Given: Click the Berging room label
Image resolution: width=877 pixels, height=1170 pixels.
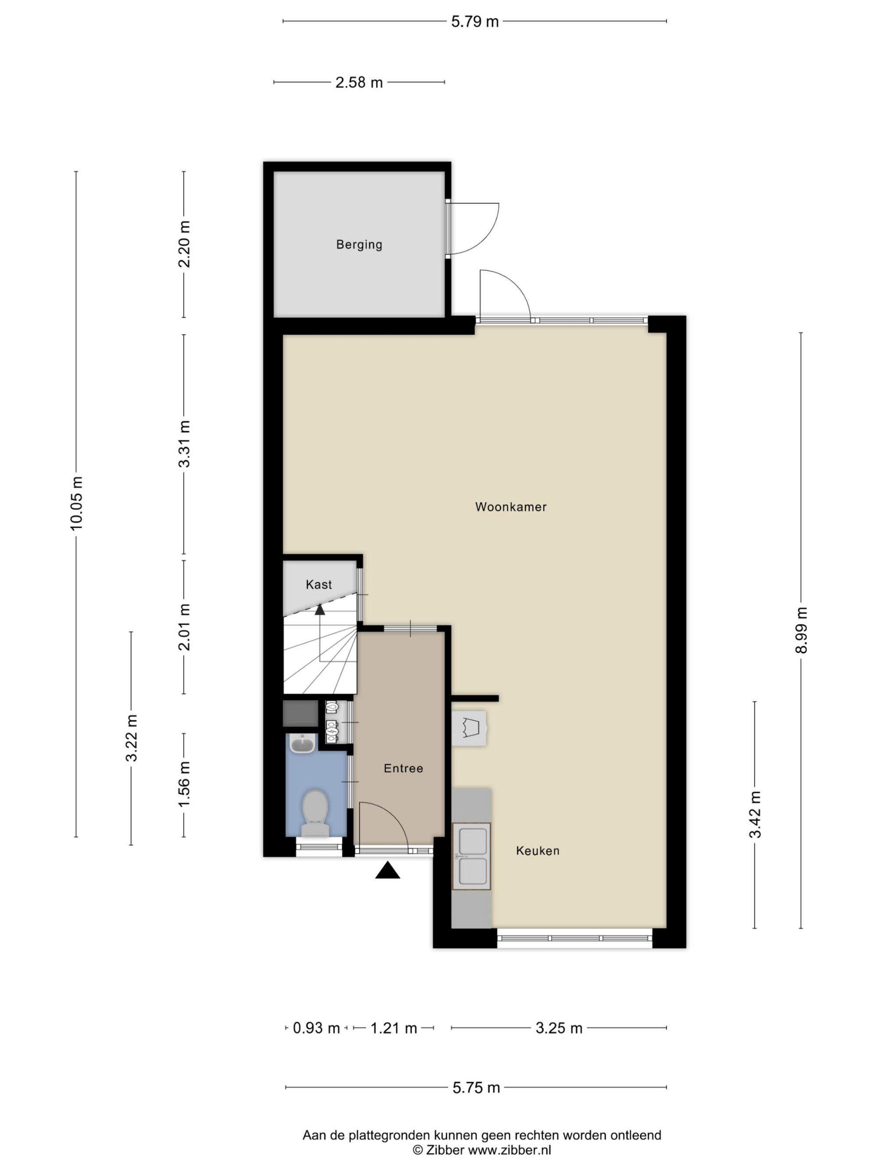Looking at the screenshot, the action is (359, 244).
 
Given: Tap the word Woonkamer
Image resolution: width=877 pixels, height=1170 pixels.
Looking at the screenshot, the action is (511, 507).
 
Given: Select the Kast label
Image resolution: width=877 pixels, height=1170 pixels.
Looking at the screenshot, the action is (319, 584).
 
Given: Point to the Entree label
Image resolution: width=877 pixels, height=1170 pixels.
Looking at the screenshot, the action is (403, 768).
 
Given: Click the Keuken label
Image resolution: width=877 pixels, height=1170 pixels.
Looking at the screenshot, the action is (538, 851).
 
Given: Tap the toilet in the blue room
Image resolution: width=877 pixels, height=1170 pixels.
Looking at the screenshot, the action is (315, 813).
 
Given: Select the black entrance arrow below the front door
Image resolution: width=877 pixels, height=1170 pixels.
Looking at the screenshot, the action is (388, 870).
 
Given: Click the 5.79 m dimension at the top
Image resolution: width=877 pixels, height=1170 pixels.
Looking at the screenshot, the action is (475, 21).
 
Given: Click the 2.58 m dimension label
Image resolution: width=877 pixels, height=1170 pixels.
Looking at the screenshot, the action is (359, 82).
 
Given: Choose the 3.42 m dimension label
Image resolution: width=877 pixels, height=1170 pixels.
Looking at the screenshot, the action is (755, 815).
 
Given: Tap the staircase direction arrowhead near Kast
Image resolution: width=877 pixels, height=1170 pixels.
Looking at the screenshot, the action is (320, 609).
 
